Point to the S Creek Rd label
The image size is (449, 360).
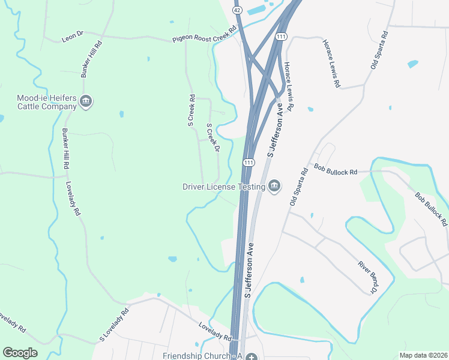[x=191, y=110]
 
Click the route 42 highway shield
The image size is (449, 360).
[x=238, y=10]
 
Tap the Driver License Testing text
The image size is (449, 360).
[x=224, y=187]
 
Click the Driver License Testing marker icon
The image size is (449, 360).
[x=274, y=187]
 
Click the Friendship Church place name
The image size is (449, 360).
[x=202, y=356]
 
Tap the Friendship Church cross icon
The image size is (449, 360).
[x=252, y=356]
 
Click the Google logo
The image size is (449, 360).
[x=20, y=353]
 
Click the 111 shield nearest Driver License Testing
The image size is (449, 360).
[x=248, y=163]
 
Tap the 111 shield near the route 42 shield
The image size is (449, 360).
[x=281, y=37]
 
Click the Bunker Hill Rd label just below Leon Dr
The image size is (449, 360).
[x=92, y=59]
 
